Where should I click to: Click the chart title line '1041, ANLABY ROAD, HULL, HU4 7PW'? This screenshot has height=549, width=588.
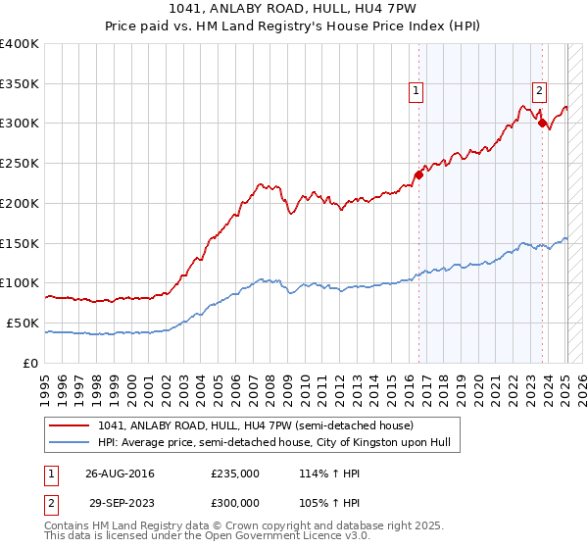[294, 12]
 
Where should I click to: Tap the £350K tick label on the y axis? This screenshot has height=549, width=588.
[20, 83]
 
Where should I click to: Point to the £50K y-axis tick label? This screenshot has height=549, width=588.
[23, 323]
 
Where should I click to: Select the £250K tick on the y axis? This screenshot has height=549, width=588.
[20, 163]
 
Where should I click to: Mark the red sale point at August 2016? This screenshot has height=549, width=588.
[418, 175]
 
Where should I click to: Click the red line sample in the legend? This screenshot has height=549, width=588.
[69, 426]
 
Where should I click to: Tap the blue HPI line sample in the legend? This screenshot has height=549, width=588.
[69, 443]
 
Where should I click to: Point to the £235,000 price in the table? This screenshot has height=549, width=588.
[235, 473]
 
